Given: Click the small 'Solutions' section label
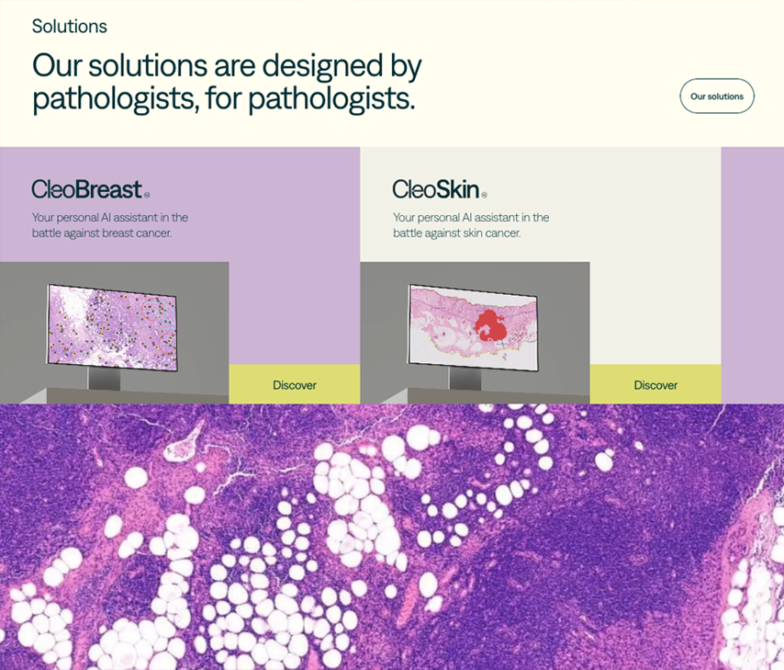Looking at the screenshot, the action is coord(70,26).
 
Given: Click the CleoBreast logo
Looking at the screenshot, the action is coord(91,189).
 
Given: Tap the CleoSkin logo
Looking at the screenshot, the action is coord(440,189).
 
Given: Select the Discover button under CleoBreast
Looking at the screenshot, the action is coord(295,384).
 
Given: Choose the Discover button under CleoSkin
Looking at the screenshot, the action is coord(655,384).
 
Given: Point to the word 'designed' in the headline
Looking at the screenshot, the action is coord(322,65).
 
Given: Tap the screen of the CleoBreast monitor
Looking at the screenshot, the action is coord(112,327).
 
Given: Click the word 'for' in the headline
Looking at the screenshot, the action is coord(224,98).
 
